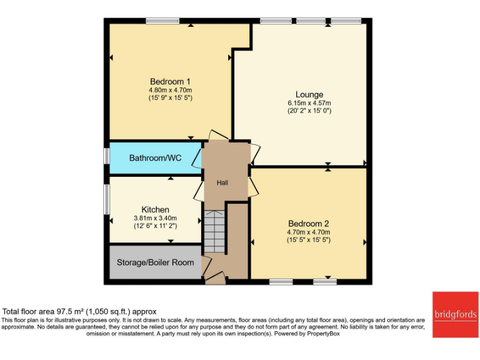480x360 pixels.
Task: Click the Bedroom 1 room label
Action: (170, 81)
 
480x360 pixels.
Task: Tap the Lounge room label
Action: (309, 94)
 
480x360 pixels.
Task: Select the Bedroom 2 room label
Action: (308, 223)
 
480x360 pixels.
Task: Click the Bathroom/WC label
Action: (155, 158)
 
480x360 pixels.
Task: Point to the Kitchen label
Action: (155, 209)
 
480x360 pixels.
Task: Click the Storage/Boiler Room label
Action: (156, 262)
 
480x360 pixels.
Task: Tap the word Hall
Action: (222, 183)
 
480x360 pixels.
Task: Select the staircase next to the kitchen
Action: (214, 231)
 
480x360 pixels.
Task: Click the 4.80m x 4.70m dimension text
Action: (170, 90)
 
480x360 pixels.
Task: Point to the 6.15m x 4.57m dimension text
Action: (309, 103)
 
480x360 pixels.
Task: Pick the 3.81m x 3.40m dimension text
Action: (155, 217)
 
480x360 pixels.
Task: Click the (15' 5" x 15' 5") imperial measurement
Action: (308, 239)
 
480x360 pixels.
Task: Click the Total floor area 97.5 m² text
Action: (79, 311)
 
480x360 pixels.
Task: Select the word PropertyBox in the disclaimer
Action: (326, 334)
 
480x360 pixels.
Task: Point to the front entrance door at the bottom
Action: (215, 277)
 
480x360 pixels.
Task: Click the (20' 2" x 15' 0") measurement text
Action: (309, 111)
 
